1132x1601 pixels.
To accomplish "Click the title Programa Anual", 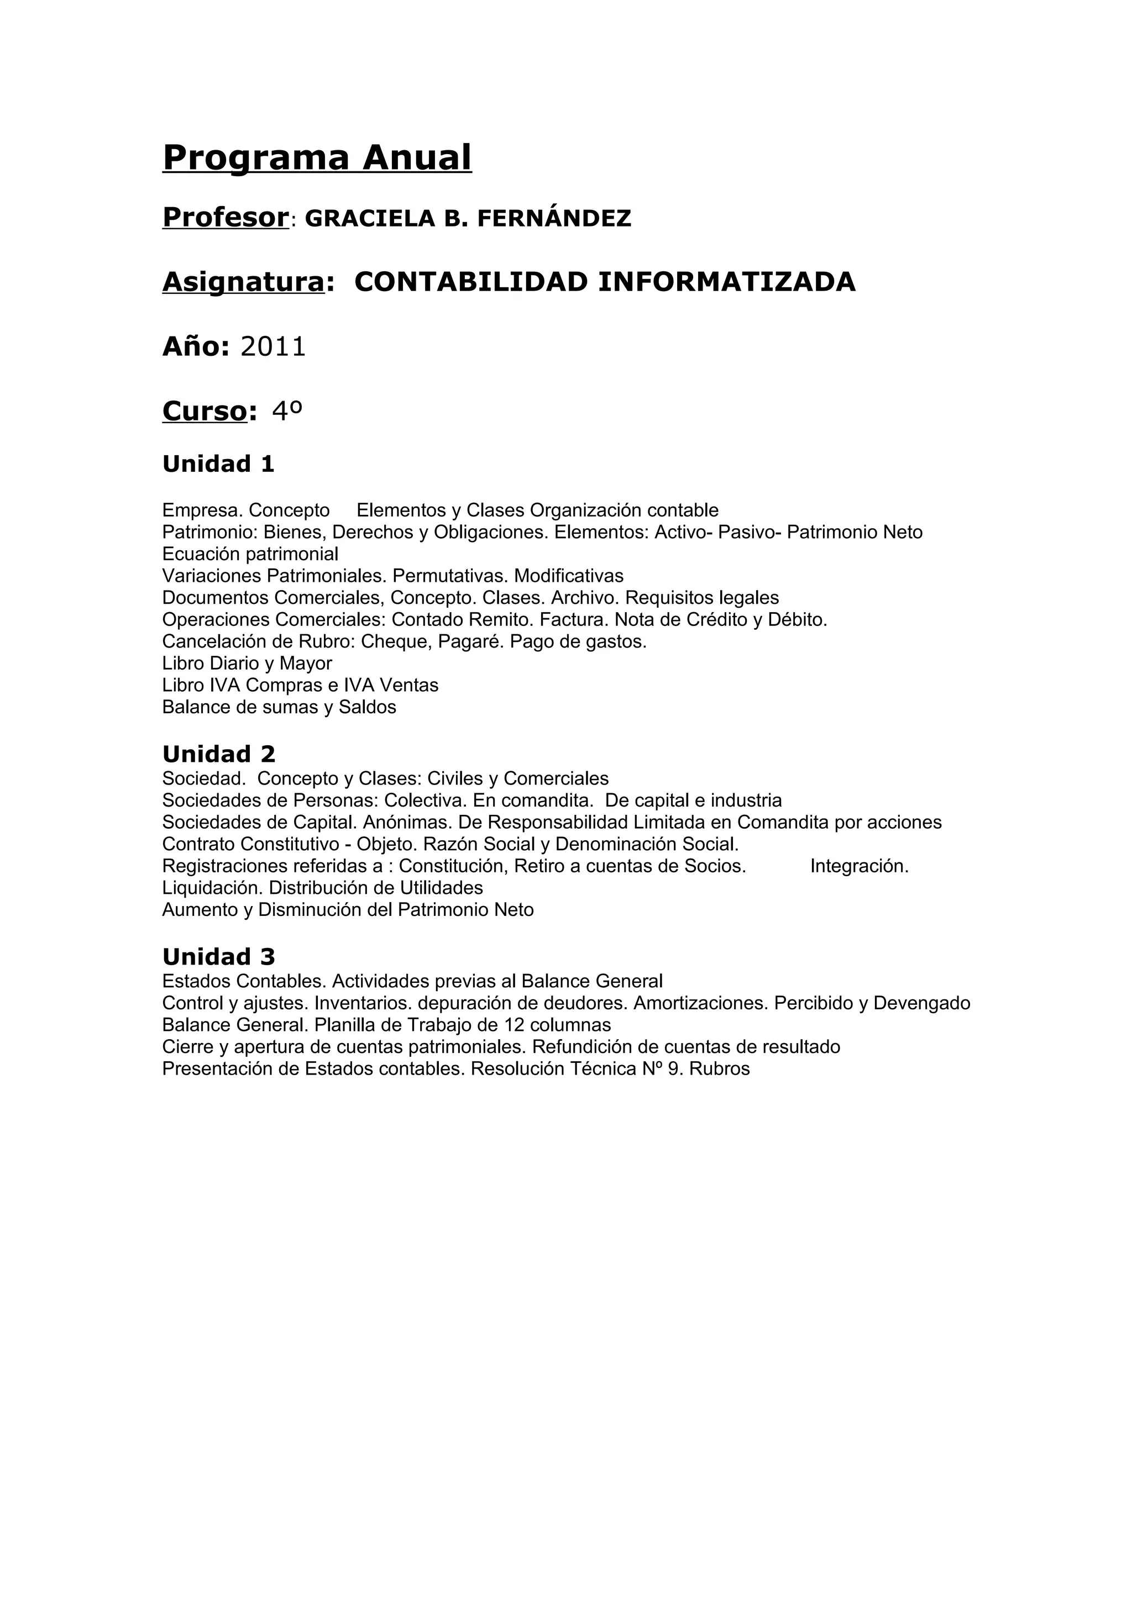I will [317, 157].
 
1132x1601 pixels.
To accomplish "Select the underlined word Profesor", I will [226, 218].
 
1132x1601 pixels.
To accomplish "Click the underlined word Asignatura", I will [243, 282].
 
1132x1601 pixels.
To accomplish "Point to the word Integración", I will [860, 866].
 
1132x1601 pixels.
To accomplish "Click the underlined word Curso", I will [205, 412].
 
